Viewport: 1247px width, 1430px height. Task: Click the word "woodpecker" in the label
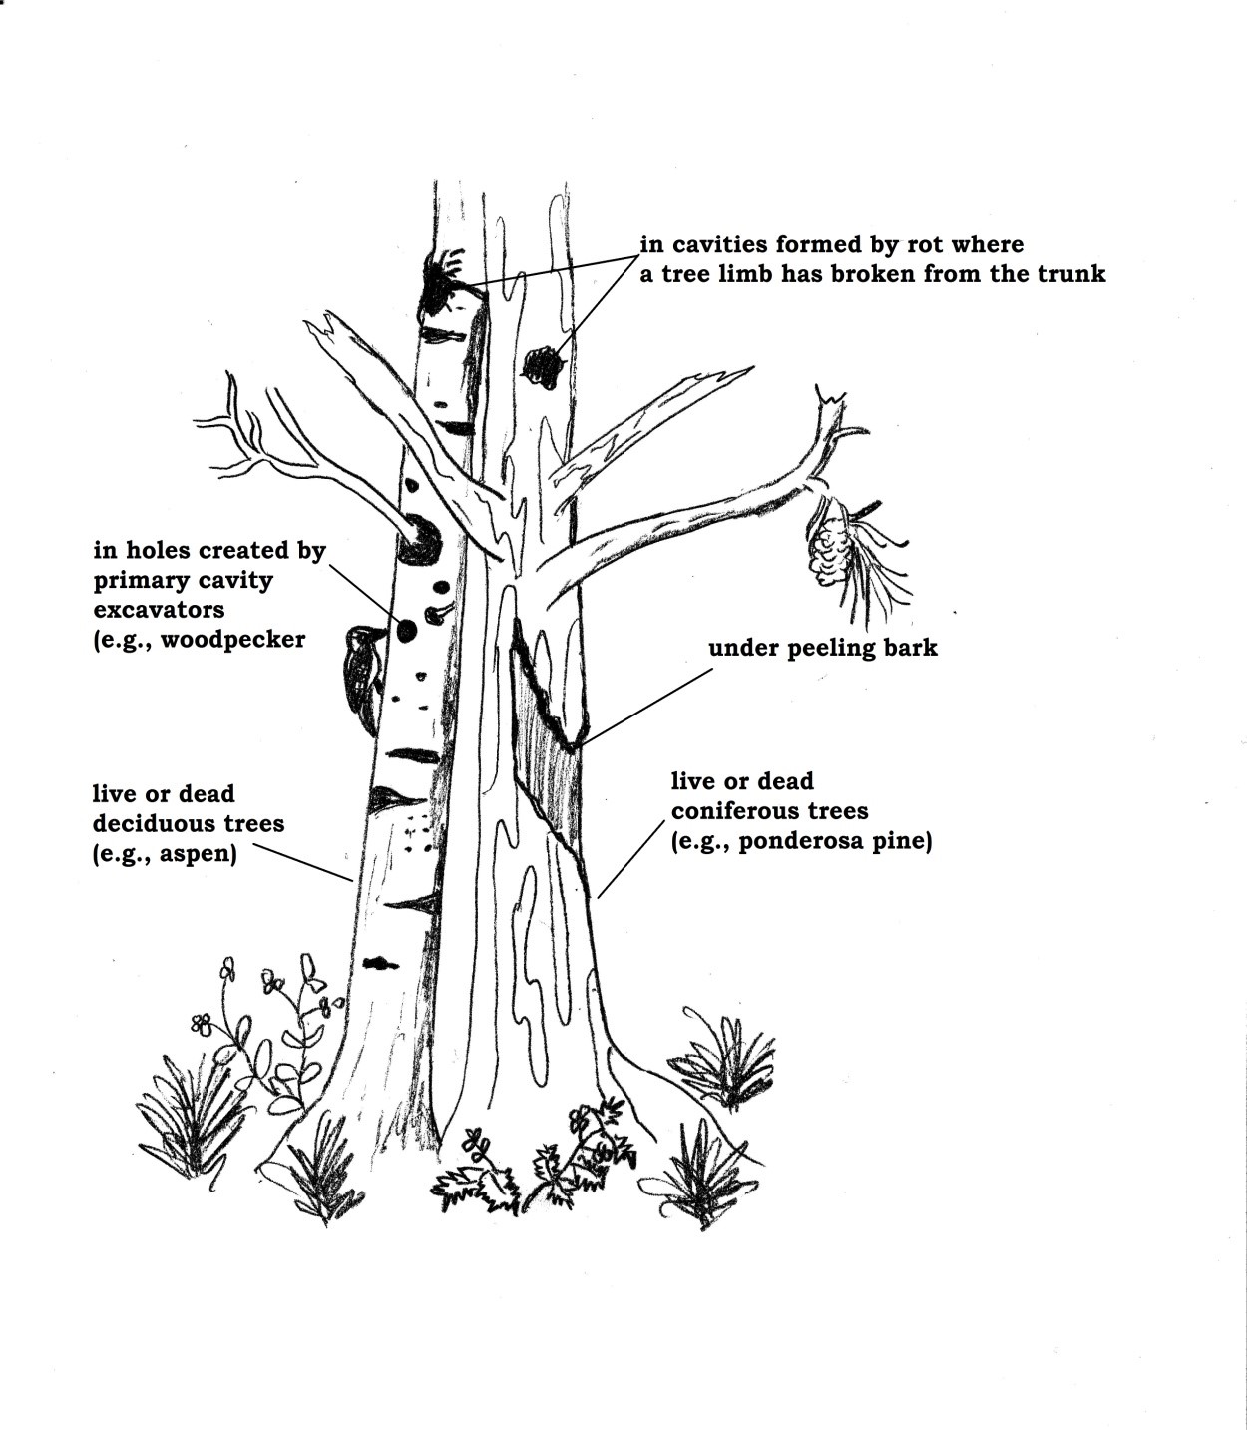(233, 639)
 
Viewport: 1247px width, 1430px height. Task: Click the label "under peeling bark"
(823, 648)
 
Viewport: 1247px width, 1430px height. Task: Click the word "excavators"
(159, 609)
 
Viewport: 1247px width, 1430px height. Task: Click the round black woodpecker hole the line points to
(406, 629)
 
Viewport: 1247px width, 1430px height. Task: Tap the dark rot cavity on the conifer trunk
(542, 367)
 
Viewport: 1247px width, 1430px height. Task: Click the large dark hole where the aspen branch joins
(419, 540)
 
